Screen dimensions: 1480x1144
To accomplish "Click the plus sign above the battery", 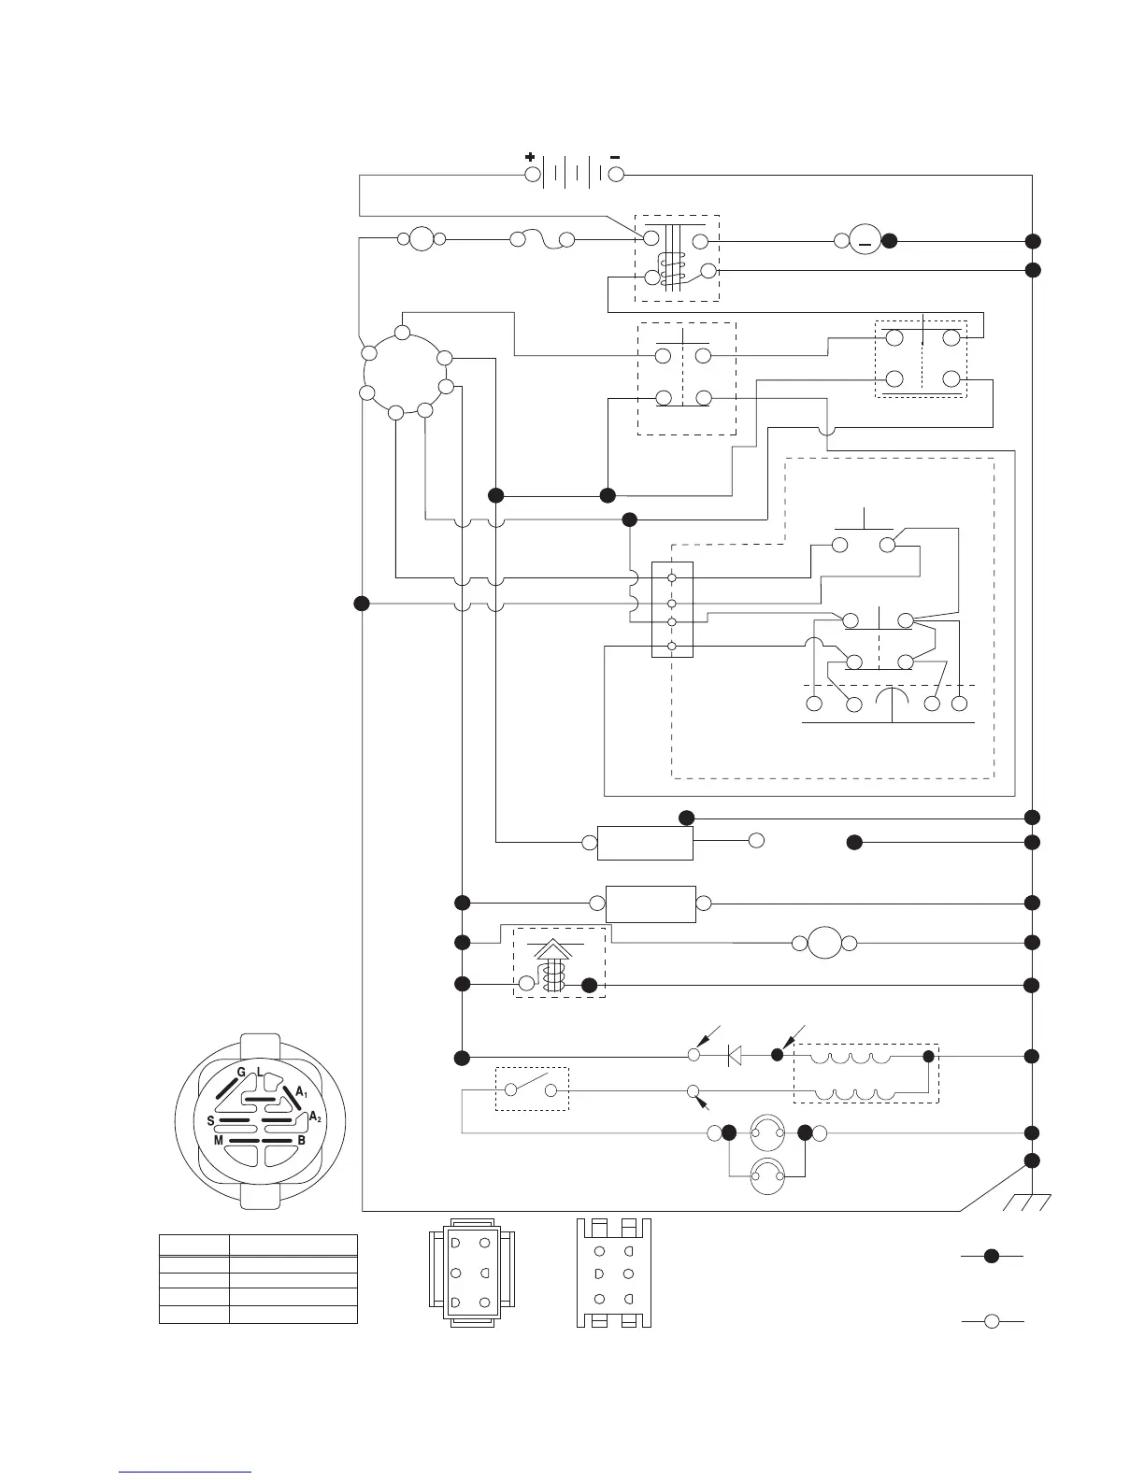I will (530, 157).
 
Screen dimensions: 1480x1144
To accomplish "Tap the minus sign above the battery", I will (615, 157).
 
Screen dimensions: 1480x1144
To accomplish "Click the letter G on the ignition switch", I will (240, 1072).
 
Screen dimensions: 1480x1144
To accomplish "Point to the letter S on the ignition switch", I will (210, 1119).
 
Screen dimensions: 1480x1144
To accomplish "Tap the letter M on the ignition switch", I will (219, 1141).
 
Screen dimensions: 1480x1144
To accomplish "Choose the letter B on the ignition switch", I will (301, 1141).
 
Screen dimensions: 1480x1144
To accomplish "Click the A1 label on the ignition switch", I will (302, 1091).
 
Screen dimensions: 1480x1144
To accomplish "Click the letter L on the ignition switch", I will (259, 1071).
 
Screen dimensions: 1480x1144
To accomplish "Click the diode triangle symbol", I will (735, 1056).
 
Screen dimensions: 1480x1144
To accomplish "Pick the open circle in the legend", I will (993, 1320).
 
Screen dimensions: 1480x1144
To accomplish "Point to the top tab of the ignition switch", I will (260, 1044).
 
